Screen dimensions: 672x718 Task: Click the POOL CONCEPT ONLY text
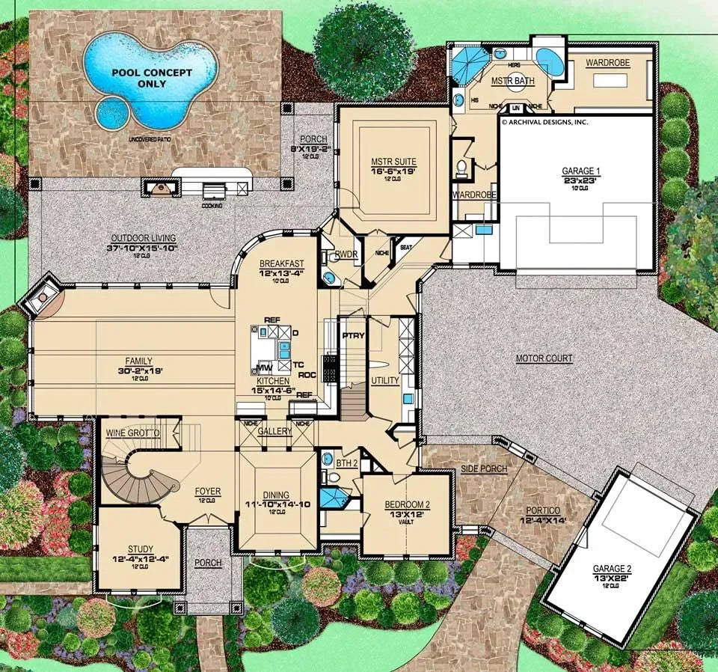pyautogui.click(x=151, y=79)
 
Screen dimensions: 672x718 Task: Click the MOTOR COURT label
pyautogui.click(x=544, y=359)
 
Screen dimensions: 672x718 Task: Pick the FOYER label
pyautogui.click(x=208, y=492)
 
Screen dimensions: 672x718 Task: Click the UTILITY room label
pyautogui.click(x=385, y=381)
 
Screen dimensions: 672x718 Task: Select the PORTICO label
pyautogui.click(x=543, y=515)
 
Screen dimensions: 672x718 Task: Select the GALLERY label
pyautogui.click(x=274, y=433)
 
